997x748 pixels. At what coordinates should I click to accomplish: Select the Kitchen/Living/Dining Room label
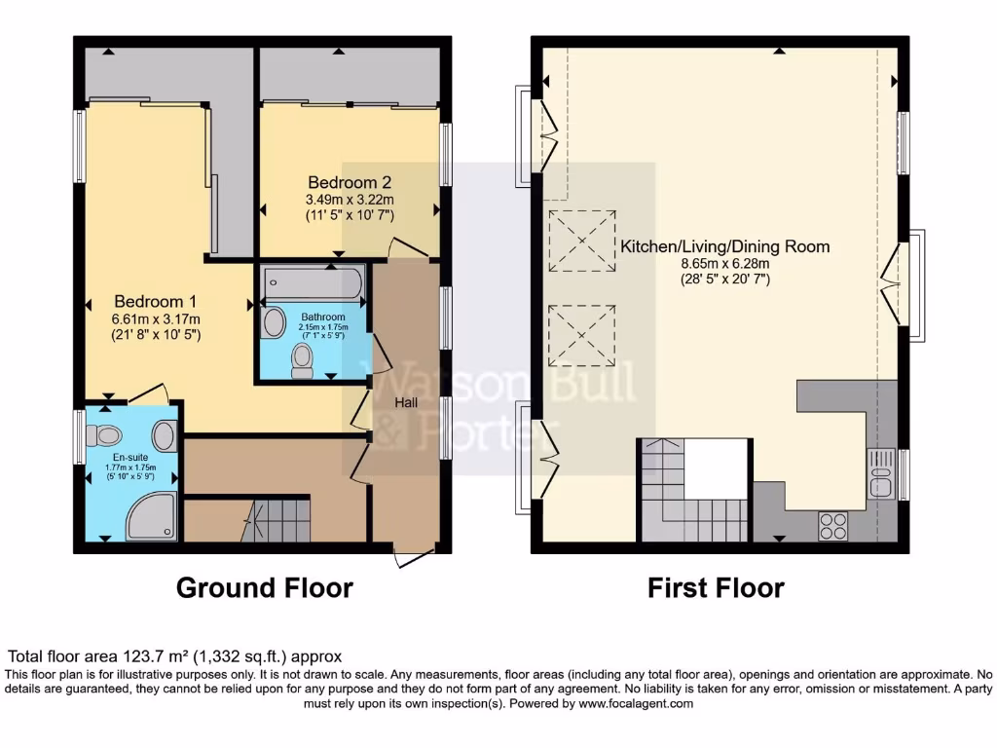point(725,246)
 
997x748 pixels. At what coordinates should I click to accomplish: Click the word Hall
point(407,401)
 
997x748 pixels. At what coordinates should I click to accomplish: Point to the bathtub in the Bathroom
point(311,284)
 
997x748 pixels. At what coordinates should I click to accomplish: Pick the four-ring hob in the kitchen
point(832,525)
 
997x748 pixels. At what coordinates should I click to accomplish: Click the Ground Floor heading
point(264,588)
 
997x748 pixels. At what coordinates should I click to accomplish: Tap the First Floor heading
point(716,588)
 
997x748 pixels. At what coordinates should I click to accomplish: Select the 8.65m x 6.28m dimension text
point(724,264)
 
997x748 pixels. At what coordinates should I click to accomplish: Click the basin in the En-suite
point(166,434)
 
